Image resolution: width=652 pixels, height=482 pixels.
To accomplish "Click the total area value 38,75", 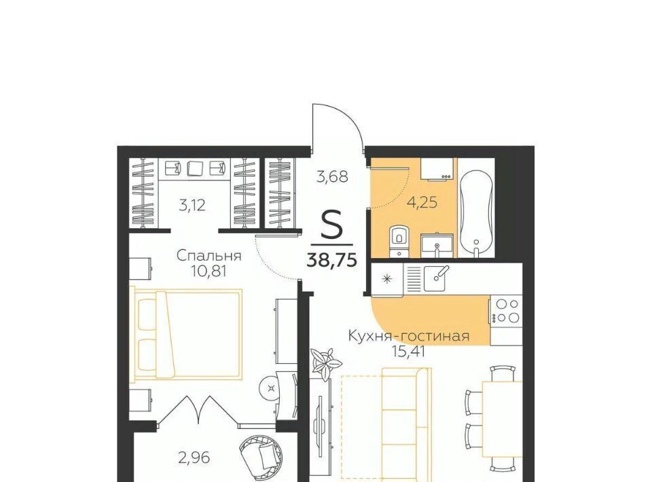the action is click(x=331, y=260).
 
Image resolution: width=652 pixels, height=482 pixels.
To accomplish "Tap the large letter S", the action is click(x=332, y=224).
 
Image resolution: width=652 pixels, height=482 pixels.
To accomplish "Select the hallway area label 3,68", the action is click(x=332, y=177).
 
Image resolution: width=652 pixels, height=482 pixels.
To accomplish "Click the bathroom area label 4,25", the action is click(x=422, y=202).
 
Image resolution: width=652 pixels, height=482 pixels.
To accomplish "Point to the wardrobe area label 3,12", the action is click(x=192, y=205).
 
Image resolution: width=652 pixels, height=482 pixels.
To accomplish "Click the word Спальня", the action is click(x=209, y=255).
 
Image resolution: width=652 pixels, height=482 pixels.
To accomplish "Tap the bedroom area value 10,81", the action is click(x=209, y=272).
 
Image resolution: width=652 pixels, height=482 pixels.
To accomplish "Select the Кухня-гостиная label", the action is click(x=409, y=335).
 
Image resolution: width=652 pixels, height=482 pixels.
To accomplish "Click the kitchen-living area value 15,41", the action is click(x=409, y=352).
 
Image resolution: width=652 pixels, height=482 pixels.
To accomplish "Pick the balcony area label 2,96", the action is click(x=194, y=458).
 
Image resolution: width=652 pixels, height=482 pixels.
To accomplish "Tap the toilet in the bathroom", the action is click(x=399, y=240).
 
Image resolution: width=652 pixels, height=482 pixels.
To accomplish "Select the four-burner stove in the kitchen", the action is click(x=505, y=311).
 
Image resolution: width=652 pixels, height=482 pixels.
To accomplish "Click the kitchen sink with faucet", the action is click(x=435, y=278).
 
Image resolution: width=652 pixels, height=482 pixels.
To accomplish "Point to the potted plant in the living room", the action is click(x=325, y=361).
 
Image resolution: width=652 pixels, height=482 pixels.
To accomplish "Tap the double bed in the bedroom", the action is click(x=186, y=335).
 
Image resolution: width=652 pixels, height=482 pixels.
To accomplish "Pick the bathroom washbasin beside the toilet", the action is click(x=436, y=245).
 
